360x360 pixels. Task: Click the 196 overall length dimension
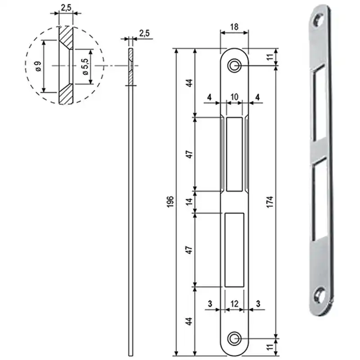[x=170, y=202]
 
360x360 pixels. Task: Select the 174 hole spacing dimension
[x=270, y=202]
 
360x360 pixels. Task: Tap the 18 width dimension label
[x=234, y=27]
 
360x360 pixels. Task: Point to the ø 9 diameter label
[x=38, y=67]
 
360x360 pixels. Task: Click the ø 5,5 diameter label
[x=85, y=67]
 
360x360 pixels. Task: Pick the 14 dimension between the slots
[x=189, y=202]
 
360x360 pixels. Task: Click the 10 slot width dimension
[x=234, y=97]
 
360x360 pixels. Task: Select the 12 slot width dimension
[x=234, y=304]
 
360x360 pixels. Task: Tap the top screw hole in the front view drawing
[x=234, y=66]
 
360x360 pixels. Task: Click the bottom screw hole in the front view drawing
[x=234, y=338]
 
